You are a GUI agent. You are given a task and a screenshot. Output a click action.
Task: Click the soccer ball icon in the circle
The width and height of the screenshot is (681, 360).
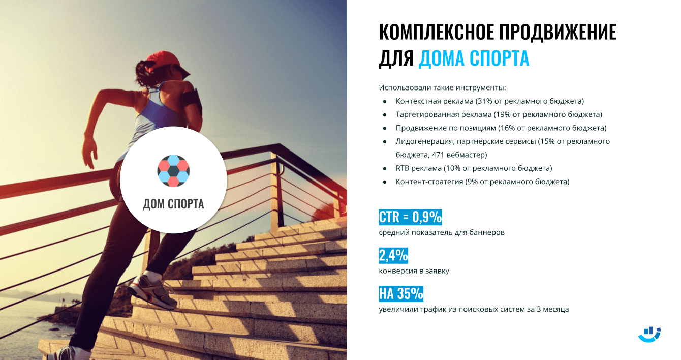coord(173,170)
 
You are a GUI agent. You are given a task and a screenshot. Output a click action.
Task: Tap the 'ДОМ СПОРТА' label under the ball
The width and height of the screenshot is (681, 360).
coord(173,204)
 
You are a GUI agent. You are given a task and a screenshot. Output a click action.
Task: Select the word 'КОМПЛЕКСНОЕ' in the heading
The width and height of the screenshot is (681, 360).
coord(435,33)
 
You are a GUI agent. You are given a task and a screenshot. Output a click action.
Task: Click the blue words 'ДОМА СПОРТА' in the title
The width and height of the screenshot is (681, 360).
coord(474,58)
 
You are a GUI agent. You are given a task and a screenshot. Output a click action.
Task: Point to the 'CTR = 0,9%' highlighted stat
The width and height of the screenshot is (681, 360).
coord(410,217)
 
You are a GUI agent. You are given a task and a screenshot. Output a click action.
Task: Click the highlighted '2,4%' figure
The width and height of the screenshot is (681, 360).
coord(393,255)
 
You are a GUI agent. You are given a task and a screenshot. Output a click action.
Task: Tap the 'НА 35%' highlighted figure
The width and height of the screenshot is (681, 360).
coord(401,294)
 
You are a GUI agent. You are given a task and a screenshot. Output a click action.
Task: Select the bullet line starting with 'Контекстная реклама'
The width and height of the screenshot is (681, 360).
coord(489,101)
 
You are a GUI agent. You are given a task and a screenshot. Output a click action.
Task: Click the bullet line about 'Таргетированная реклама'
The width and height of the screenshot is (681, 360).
coord(499,114)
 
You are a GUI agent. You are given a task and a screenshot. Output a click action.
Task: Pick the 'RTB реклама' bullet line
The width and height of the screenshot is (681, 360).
coord(474,168)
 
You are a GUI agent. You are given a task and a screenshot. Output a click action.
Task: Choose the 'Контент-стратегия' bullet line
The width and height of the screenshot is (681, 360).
coord(482,182)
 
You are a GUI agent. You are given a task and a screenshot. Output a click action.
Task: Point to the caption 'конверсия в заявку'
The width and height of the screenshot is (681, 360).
coord(414,271)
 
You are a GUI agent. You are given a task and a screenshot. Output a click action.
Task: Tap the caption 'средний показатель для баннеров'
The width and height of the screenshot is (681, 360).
coord(441,232)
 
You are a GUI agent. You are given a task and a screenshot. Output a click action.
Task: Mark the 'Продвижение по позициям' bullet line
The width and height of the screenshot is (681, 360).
coord(501,128)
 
